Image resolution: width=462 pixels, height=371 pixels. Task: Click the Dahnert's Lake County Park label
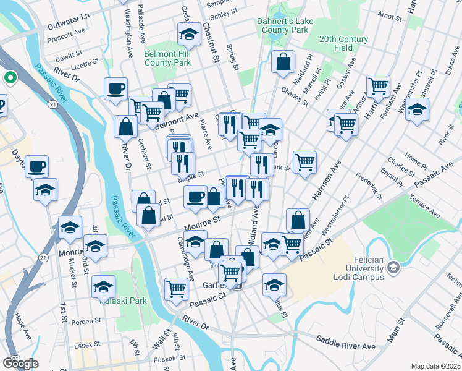282,25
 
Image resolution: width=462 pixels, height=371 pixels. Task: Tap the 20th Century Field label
343,43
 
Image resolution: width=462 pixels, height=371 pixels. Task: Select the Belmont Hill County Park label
167,58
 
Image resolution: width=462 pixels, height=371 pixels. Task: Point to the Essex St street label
86,344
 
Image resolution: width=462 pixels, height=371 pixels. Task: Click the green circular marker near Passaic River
10,78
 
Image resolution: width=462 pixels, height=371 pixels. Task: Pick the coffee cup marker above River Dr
115,88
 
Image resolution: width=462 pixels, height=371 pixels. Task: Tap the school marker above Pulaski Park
104,286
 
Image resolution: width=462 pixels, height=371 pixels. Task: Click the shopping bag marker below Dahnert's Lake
283,62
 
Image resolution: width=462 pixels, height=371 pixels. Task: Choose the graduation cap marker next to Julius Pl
274,284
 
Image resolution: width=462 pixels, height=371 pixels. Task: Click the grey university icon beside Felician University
393,267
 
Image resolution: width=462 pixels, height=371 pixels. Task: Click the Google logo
20,364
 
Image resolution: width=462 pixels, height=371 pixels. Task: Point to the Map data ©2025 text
435,366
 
